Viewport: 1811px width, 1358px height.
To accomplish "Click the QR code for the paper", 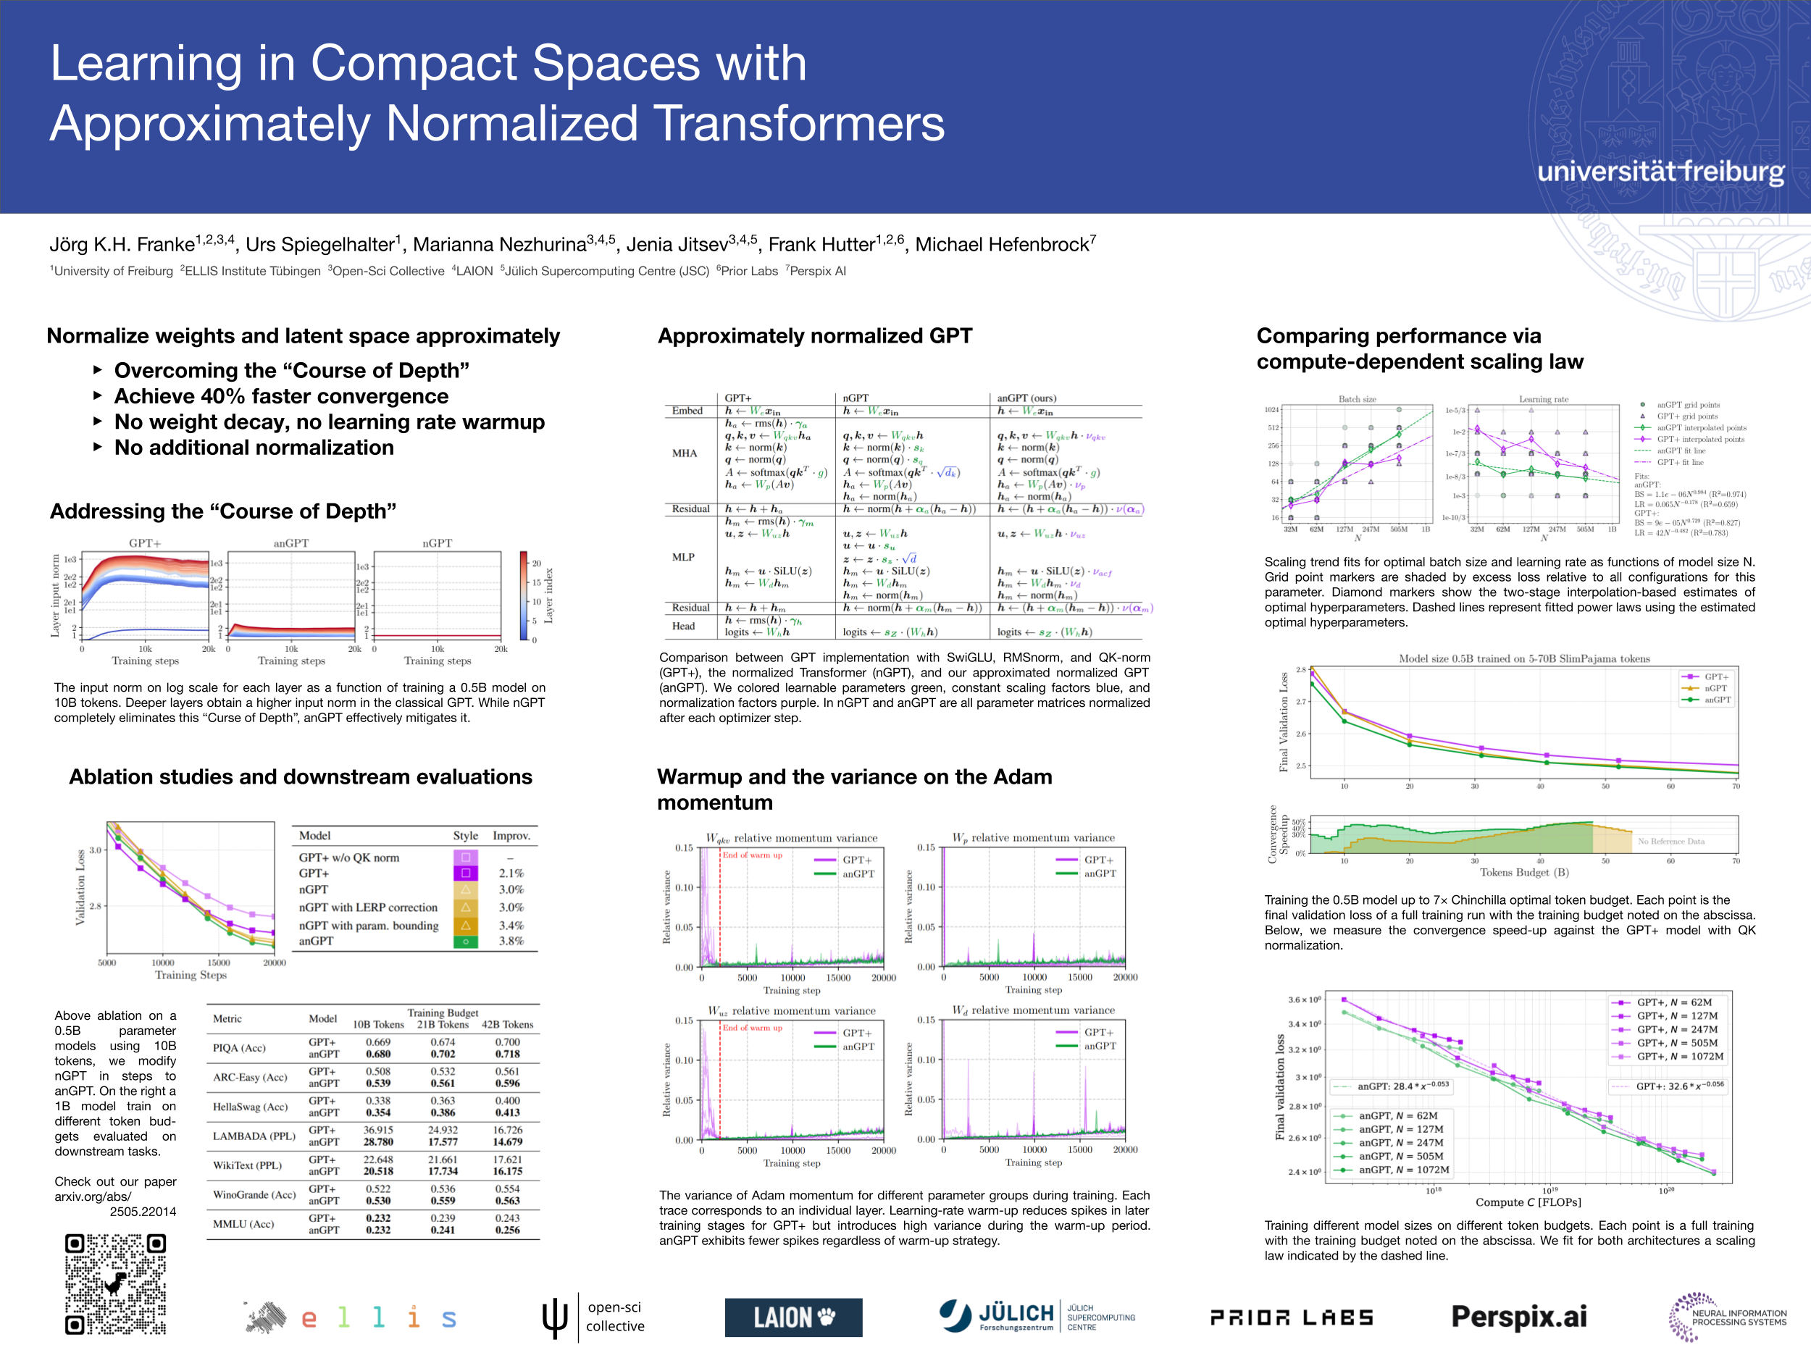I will (115, 1283).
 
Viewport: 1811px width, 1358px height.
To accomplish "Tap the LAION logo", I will (792, 1317).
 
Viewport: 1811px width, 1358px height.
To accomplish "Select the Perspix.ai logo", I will (1519, 1316).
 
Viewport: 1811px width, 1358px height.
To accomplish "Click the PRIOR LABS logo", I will (1291, 1317).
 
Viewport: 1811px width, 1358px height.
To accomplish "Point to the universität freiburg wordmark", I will (1660, 171).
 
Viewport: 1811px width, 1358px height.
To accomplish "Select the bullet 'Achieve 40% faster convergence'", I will (281, 396).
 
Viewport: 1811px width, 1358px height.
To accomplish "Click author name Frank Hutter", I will (821, 244).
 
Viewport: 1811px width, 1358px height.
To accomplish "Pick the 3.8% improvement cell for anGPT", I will (511, 942).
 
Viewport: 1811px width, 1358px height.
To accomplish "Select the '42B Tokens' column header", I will (507, 1024).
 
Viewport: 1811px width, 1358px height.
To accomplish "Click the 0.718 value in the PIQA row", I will (507, 1055).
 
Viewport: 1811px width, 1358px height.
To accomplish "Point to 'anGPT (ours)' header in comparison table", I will (1026, 398).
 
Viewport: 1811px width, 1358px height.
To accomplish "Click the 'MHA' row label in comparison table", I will (684, 453).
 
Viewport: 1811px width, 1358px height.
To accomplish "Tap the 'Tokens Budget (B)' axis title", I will (1523, 873).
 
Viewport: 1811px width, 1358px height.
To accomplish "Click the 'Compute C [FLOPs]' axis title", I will (1528, 1202).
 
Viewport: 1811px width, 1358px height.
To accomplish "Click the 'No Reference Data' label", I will (1671, 842).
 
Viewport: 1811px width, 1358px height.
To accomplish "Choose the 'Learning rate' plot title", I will (1543, 400).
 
